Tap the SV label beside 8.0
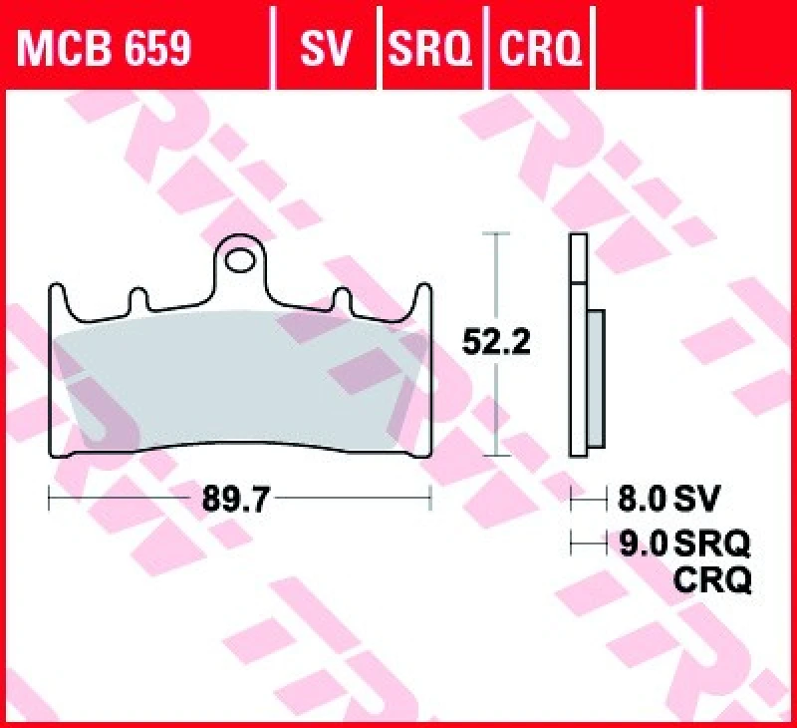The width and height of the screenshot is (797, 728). [697, 496]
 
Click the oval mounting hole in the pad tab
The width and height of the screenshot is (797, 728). [241, 262]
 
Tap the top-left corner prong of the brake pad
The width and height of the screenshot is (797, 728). [56, 297]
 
